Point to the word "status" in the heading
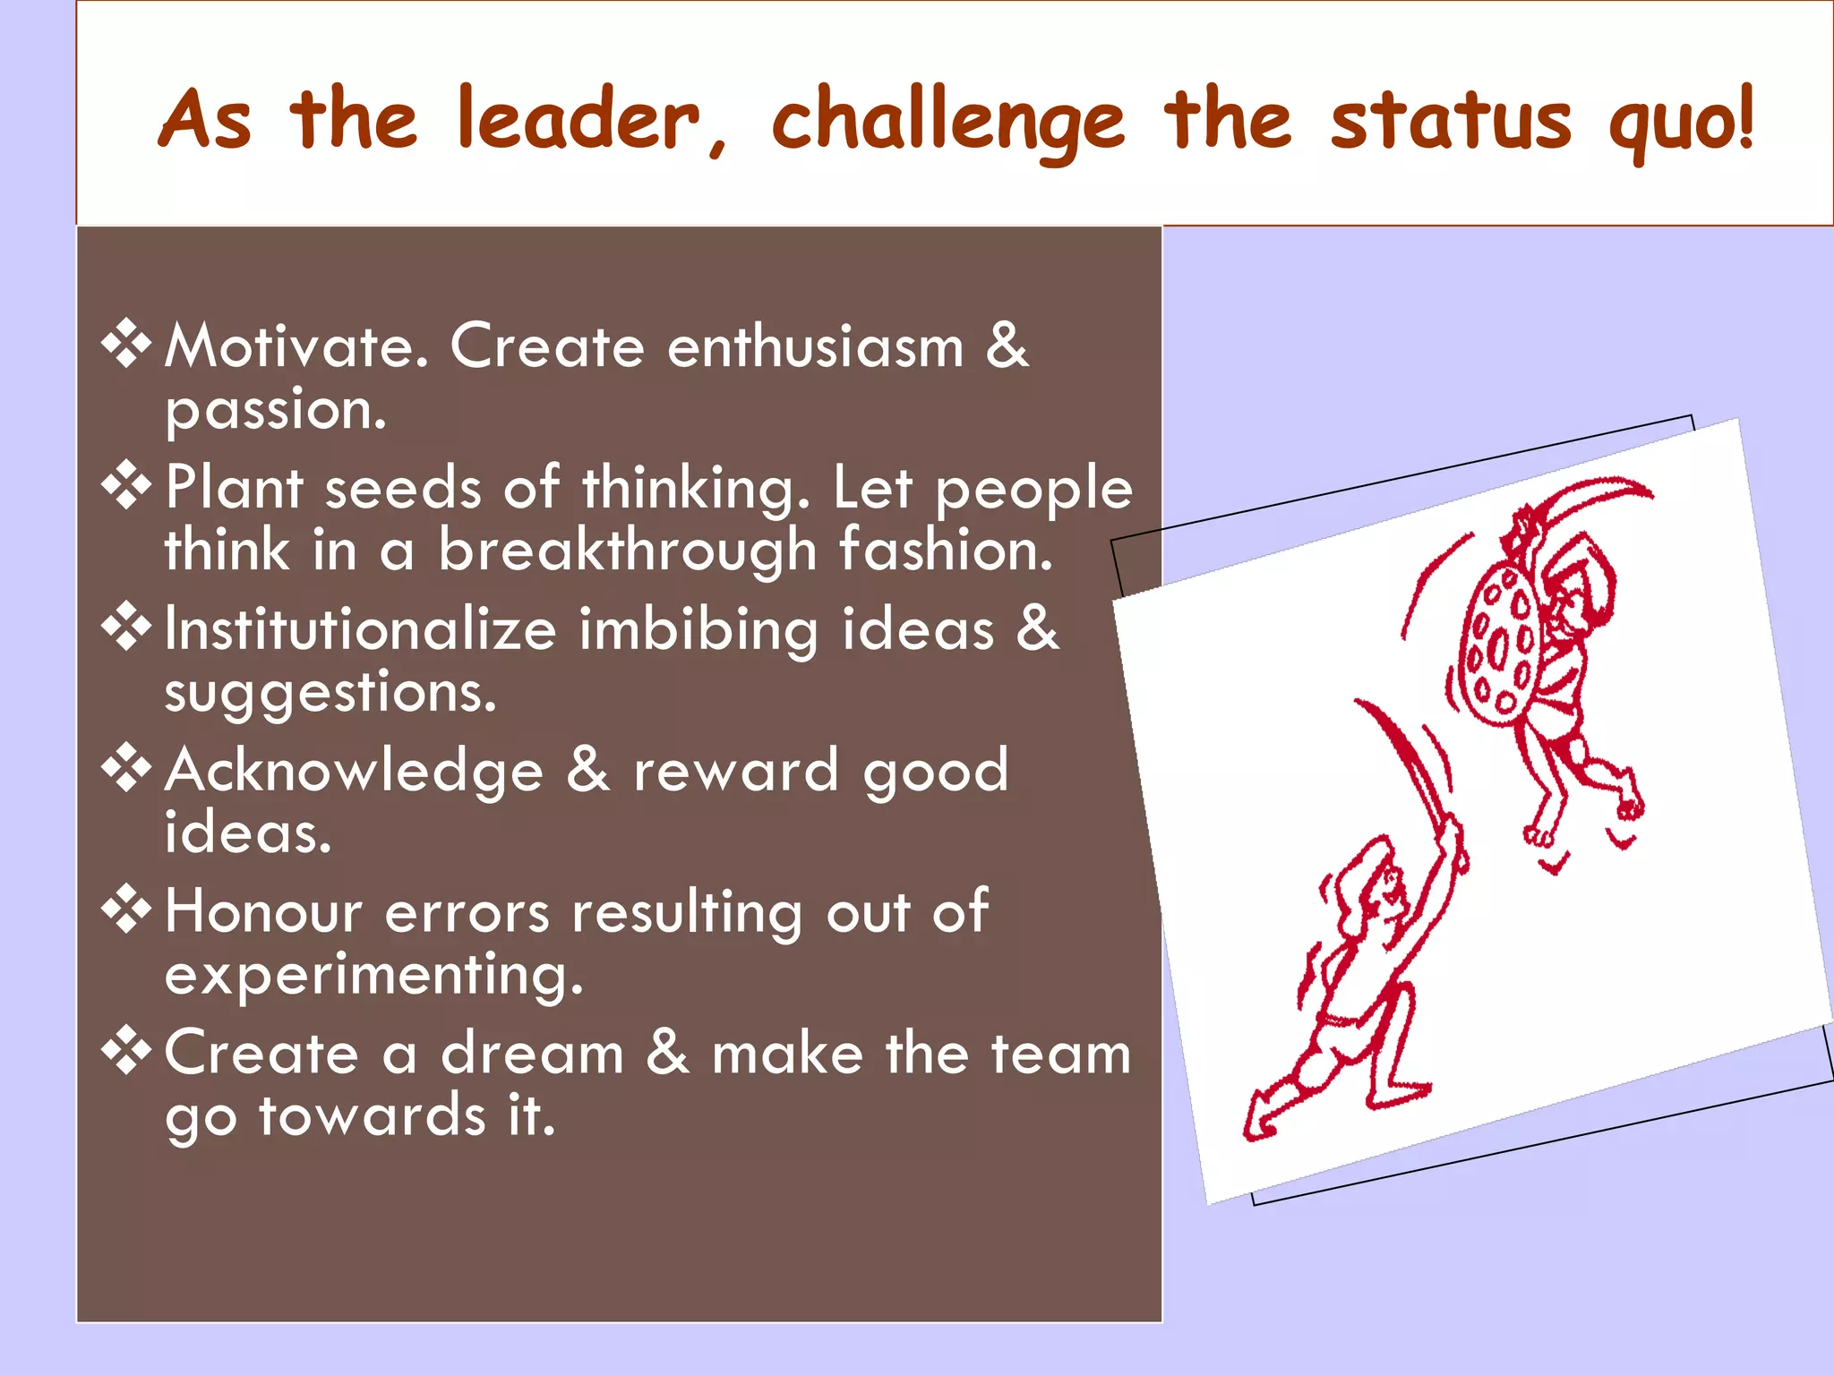(x=1451, y=121)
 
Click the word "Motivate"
(x=296, y=346)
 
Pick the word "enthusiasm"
(x=815, y=346)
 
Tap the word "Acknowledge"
(x=355, y=771)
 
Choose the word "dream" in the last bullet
(x=532, y=1053)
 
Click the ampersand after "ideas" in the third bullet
(x=1037, y=628)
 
